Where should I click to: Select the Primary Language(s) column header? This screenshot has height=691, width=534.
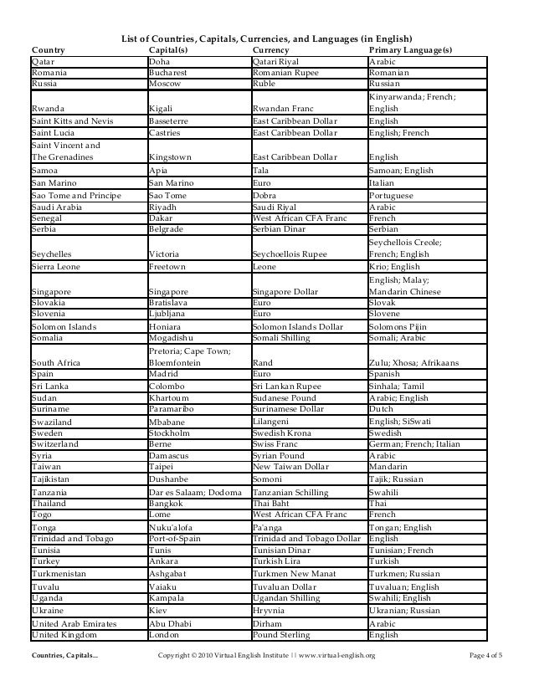[410, 50]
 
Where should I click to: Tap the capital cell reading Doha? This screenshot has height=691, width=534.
[159, 61]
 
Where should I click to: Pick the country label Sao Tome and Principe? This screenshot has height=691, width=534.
[76, 195]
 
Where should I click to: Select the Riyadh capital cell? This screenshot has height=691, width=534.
[163, 207]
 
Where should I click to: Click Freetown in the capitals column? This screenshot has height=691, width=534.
[168, 267]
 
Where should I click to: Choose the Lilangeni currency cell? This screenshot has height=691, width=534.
[274, 423]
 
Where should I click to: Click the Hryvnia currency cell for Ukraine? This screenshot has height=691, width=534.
[270, 611]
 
